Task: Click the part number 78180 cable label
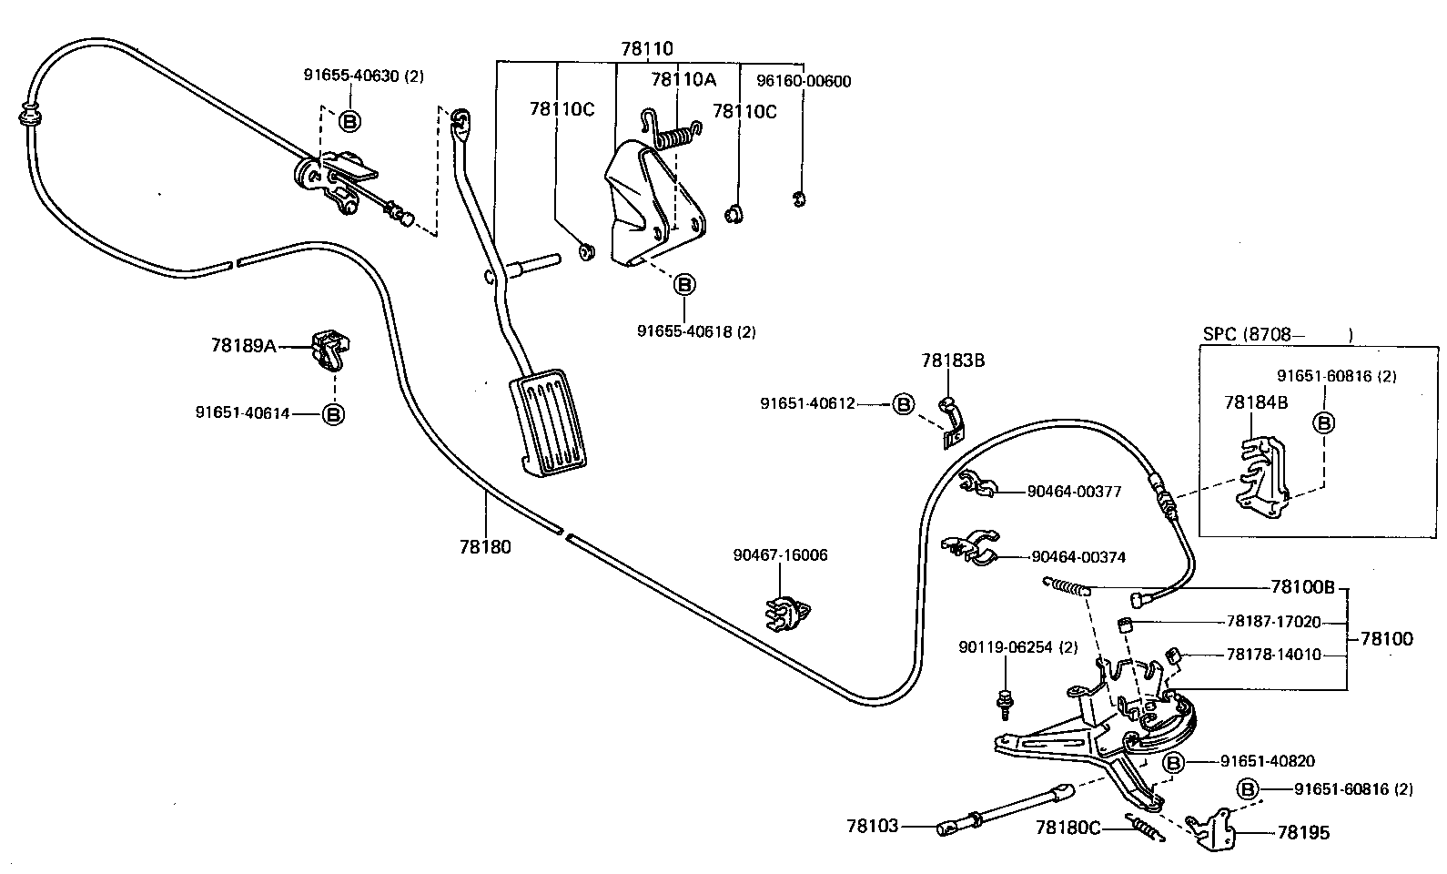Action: pos(485,547)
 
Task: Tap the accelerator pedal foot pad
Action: pos(549,421)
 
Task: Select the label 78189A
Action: pos(243,346)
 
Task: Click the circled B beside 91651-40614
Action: pos(334,414)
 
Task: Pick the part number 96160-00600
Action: pos(804,81)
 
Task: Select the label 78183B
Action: pos(953,361)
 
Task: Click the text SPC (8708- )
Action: pos(1277,334)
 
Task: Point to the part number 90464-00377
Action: pos(1074,492)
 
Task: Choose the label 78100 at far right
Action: pos(1387,639)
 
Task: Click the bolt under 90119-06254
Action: pos(1006,699)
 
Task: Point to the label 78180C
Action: pos(1068,828)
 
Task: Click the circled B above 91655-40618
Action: pos(683,285)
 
